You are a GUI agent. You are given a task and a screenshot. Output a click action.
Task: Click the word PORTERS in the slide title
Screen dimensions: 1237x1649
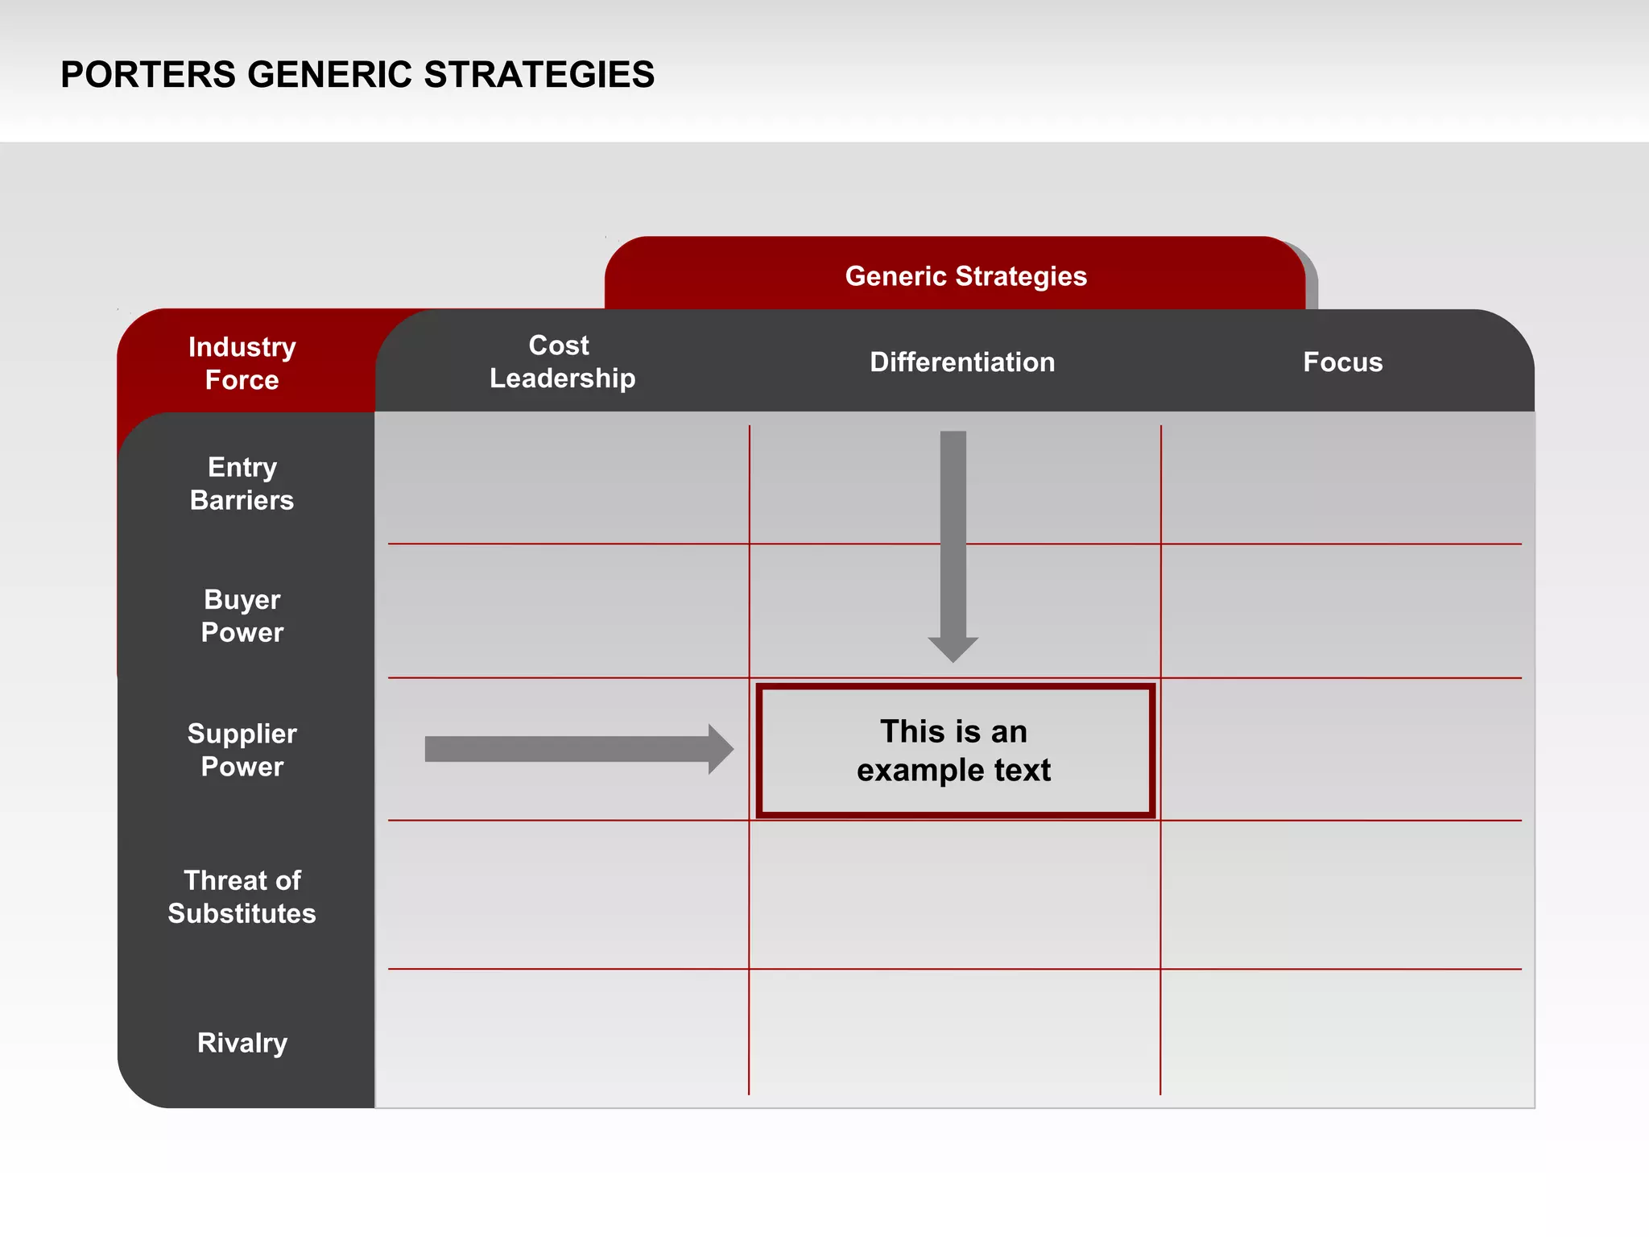tap(148, 75)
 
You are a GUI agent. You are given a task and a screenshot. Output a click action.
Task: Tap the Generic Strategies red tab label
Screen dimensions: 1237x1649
tap(965, 276)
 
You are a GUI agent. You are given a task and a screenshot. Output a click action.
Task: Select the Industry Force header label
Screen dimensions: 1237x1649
tap(242, 363)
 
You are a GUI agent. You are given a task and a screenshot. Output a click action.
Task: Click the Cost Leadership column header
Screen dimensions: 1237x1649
tap(562, 362)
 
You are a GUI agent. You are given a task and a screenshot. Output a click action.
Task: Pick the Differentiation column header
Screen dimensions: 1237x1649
tap(962, 362)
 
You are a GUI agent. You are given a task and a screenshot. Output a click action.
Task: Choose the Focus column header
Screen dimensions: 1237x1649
tap(1342, 362)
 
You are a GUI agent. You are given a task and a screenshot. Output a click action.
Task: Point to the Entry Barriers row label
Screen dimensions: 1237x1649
tap(242, 483)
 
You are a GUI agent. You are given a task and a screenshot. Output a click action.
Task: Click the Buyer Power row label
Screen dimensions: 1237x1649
tap(242, 616)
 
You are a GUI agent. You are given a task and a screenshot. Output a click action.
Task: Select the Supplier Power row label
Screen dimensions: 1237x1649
tap(242, 750)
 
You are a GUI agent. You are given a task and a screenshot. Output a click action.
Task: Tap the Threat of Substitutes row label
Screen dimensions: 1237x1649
tap(242, 896)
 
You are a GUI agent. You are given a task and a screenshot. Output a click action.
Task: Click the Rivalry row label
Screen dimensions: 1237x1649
tap(242, 1043)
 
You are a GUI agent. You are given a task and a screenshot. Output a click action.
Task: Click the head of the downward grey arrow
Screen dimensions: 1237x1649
tap(953, 647)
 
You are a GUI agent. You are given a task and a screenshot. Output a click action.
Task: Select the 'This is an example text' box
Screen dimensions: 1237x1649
tap(954, 751)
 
